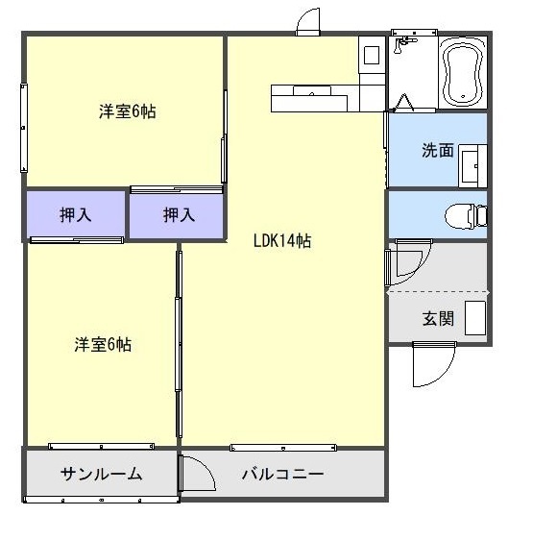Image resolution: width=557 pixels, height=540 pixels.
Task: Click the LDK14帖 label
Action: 281,241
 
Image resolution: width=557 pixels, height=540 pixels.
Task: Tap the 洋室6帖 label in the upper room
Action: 128,111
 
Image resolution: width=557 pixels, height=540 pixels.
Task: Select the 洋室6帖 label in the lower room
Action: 103,344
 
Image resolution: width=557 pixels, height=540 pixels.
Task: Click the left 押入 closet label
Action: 75,215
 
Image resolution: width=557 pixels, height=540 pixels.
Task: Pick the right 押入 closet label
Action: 178,215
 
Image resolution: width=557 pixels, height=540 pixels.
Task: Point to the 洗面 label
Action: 437,150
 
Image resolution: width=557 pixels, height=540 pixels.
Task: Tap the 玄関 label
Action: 437,318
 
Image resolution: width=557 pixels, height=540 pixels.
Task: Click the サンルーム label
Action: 102,474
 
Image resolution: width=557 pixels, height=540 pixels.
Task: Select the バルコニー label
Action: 282,474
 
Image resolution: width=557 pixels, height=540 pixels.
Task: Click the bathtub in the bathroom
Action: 462,73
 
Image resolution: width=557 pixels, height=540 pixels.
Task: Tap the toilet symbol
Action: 467,214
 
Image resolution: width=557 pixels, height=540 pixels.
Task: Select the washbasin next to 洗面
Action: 472,165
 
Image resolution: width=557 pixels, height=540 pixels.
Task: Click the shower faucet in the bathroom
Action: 406,42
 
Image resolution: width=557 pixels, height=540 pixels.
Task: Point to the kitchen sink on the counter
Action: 311,92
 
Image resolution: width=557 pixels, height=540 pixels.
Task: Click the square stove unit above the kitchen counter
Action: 370,53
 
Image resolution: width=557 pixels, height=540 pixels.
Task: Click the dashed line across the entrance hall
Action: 438,291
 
